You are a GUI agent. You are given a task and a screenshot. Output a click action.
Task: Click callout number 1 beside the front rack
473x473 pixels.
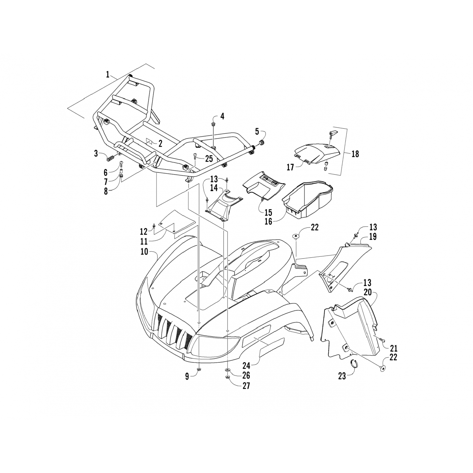pos(108,75)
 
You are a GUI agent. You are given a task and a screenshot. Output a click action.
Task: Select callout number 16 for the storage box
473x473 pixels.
pos(268,221)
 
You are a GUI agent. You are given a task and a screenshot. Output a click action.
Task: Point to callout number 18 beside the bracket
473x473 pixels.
pos(355,154)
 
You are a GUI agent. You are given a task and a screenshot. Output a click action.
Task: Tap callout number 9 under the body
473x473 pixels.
pos(187,376)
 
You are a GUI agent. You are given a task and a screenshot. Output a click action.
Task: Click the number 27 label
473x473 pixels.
pos(246,385)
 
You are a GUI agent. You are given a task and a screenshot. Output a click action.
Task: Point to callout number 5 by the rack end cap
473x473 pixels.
pos(257,131)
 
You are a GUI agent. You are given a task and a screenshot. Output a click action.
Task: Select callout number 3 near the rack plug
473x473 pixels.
pos(96,154)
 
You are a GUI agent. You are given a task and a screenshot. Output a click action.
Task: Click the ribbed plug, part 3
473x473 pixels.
pos(111,156)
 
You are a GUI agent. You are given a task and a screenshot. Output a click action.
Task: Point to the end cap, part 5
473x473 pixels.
pos(262,142)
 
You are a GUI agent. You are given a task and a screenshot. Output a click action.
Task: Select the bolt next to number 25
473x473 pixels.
pos(195,155)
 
